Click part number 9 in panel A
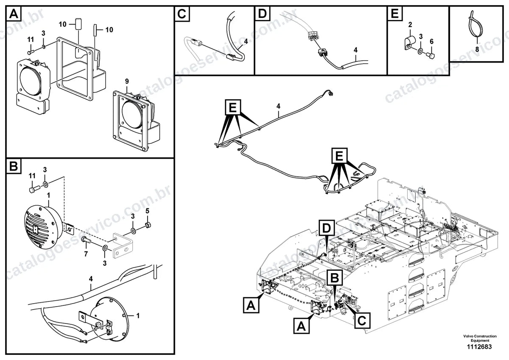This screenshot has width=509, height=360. tap(127, 81)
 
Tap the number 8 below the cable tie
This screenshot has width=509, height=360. tap(477, 49)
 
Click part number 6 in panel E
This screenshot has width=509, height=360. tap(431, 41)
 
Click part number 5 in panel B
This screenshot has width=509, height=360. tap(147, 211)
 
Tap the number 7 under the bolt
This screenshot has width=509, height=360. tap(86, 254)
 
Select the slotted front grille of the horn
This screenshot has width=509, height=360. tap(39, 228)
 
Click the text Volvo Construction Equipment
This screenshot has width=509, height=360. tap(480, 338)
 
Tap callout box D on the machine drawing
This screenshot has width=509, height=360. tap(327, 228)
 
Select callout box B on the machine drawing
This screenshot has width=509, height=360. tap(335, 278)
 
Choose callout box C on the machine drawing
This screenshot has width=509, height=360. tap(362, 321)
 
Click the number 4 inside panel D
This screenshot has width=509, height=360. tap(355, 50)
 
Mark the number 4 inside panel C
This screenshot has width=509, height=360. tap(246, 41)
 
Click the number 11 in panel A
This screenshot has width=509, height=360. tap(31, 39)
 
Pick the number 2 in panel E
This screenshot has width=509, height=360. tap(410, 25)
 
